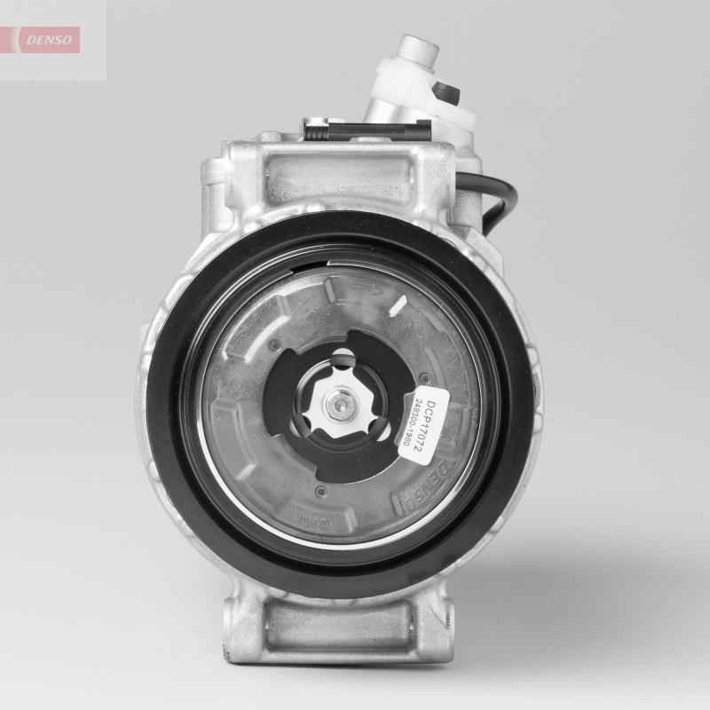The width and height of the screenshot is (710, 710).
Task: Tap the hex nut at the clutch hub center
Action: pos(341,406)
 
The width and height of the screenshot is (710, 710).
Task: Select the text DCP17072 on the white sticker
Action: pos(432,424)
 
